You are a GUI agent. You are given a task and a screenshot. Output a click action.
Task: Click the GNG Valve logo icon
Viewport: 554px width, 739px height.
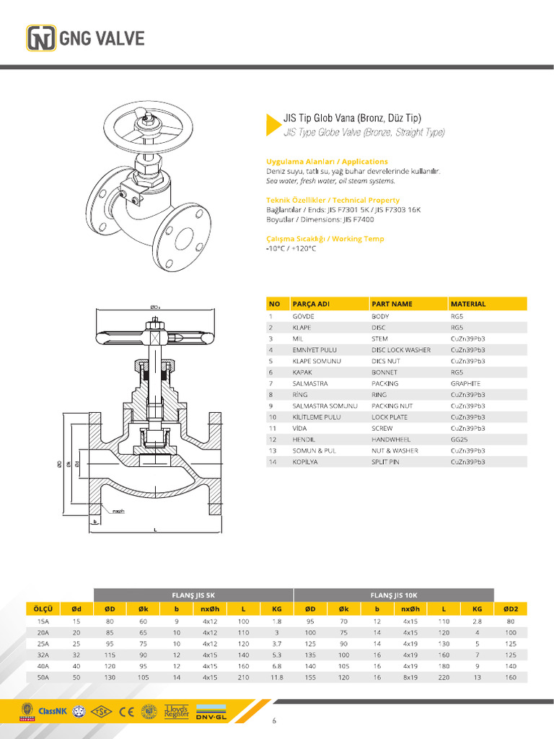(x=40, y=38)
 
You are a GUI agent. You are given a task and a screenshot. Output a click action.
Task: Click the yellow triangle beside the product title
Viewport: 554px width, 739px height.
(x=272, y=124)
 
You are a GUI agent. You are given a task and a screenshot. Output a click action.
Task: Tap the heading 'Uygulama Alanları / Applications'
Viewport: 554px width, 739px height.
(x=327, y=162)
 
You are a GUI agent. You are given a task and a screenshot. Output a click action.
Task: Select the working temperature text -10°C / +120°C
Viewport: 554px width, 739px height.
(x=291, y=248)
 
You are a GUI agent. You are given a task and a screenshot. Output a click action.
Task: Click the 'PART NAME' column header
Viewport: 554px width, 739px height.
(x=392, y=304)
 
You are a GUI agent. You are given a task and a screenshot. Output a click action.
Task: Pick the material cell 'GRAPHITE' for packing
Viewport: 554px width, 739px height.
(x=465, y=383)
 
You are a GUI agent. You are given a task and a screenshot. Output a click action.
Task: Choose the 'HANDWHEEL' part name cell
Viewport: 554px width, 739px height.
(x=392, y=440)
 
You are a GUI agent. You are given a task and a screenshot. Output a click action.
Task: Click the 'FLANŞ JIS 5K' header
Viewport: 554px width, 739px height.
(x=193, y=595)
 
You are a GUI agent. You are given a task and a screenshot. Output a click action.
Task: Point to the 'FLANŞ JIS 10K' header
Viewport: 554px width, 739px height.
(x=393, y=595)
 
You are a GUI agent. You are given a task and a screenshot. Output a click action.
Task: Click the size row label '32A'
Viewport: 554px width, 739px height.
(x=43, y=655)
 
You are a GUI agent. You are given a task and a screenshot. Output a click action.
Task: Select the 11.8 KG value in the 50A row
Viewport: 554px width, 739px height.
(x=276, y=678)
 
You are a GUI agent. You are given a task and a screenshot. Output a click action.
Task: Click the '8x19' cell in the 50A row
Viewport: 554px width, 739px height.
(x=410, y=678)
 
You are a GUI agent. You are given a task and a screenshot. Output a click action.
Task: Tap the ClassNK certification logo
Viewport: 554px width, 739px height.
(x=52, y=711)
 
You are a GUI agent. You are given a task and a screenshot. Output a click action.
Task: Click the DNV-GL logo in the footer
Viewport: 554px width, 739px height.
(x=211, y=711)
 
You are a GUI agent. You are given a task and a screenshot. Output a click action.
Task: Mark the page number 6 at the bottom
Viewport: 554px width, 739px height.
(x=274, y=720)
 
